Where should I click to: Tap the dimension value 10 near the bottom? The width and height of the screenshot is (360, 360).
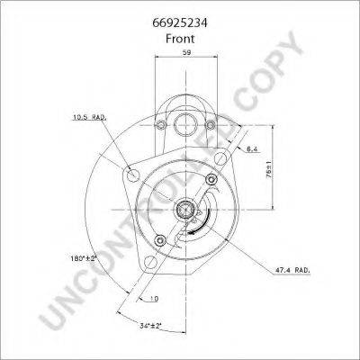tap(155, 298)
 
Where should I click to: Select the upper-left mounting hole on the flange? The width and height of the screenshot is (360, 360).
tap(134, 173)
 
